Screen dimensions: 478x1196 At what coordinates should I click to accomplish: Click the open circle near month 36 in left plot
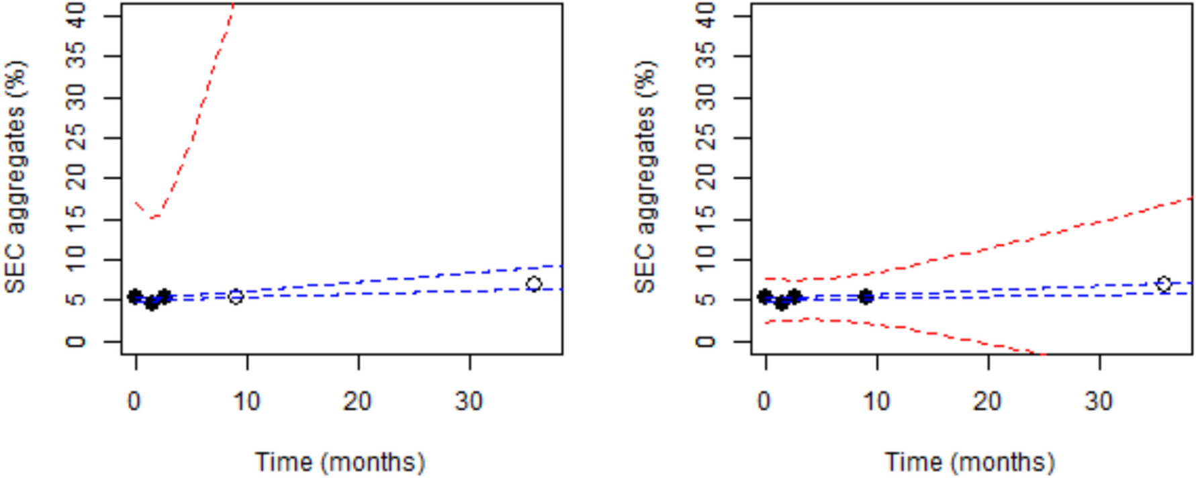(534, 284)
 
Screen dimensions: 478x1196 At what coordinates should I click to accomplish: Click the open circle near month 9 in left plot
(236, 296)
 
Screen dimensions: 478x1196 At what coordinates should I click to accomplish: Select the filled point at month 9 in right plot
(866, 296)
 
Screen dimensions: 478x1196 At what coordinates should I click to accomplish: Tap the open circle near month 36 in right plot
(1164, 284)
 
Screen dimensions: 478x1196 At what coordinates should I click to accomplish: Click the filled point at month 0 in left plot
(136, 296)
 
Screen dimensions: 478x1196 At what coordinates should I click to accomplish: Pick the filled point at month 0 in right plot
(765, 296)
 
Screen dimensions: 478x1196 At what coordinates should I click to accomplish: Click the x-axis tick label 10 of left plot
(246, 401)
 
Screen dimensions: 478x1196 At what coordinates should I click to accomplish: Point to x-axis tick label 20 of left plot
(358, 401)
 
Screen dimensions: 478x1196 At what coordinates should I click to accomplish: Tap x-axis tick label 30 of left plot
(469, 401)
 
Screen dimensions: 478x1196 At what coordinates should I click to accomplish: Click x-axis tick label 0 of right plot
(765, 401)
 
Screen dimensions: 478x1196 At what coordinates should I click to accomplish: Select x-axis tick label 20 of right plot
(988, 401)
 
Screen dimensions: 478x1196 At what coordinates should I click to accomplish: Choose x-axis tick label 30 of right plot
(1099, 401)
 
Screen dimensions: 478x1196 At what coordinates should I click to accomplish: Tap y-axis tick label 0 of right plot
(706, 341)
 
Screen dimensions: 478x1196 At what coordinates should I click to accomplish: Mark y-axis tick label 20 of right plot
(706, 178)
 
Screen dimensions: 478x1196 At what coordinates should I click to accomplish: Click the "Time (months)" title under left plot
(340, 462)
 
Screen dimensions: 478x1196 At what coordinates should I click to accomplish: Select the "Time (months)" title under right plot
(970, 462)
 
